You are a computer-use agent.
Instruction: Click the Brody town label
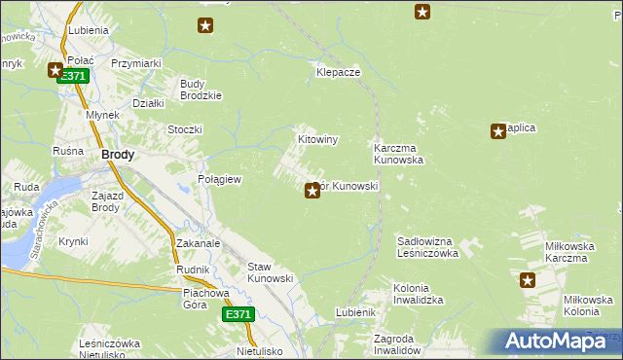coord(118,155)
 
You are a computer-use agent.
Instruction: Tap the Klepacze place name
coord(339,73)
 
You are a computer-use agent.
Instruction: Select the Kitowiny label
coord(317,140)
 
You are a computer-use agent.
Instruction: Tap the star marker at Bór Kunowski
coord(312,191)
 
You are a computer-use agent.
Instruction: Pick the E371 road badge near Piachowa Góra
coord(238,314)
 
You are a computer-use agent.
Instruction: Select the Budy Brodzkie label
coord(202,90)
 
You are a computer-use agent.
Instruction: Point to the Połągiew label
coord(220,180)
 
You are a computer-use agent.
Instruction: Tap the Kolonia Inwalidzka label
coord(419,295)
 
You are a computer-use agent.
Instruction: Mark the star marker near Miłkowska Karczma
coord(528,280)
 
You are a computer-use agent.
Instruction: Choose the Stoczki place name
coord(185,129)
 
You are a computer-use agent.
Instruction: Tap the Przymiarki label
coord(136,63)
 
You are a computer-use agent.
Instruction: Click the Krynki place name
coord(73,241)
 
